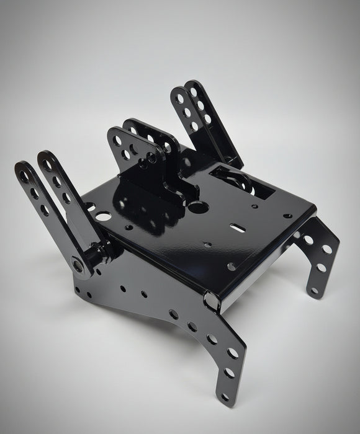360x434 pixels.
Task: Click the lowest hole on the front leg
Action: point(224,392)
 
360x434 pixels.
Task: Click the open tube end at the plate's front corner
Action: point(212,302)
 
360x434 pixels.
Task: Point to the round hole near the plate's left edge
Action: point(91,208)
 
